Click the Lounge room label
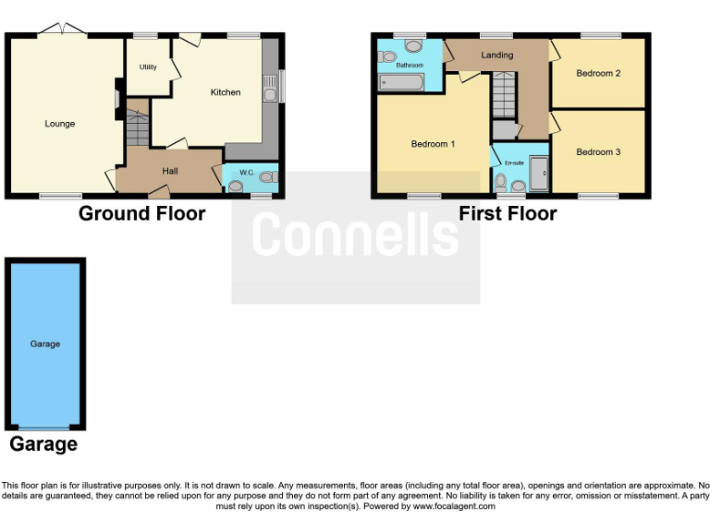[x=60, y=124]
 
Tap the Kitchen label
[x=225, y=92]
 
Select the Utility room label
[x=148, y=67]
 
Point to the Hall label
[x=170, y=171]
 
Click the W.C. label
[x=247, y=173]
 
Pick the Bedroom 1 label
[x=433, y=144]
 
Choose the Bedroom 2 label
[x=598, y=73]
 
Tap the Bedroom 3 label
[x=598, y=151]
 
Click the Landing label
[x=496, y=55]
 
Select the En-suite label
[x=514, y=163]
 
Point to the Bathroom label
[x=410, y=66]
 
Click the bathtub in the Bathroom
[x=401, y=84]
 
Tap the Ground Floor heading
[x=141, y=214]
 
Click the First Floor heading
[x=508, y=214]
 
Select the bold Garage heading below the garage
[x=43, y=444]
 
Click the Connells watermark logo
[x=355, y=235]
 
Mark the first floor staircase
[x=503, y=98]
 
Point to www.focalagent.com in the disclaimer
[x=453, y=506]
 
